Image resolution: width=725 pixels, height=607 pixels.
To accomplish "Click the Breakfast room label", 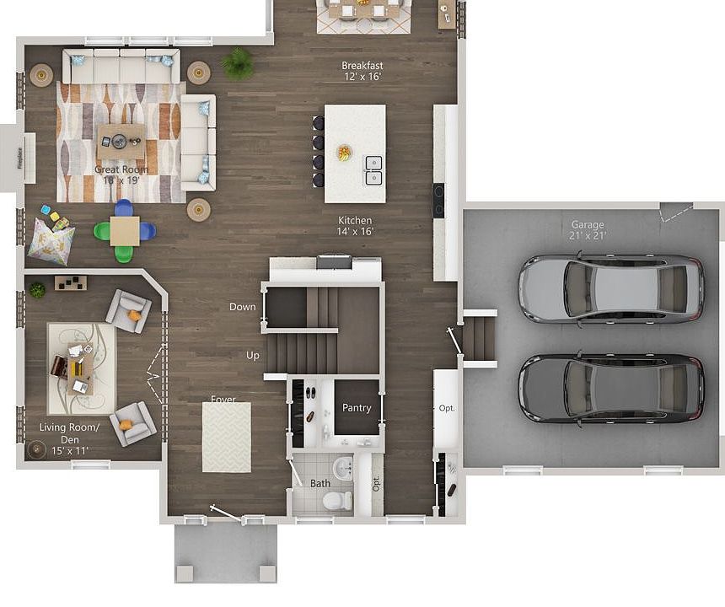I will pyautogui.click(x=362, y=71).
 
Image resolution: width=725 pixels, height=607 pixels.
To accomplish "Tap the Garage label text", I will pyautogui.click(x=588, y=229).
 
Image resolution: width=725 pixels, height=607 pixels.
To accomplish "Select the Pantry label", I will pyautogui.click(x=357, y=408).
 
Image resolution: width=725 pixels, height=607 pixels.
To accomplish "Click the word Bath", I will pyautogui.click(x=320, y=484).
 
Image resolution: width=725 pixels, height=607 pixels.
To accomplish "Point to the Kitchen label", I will pyautogui.click(x=355, y=225).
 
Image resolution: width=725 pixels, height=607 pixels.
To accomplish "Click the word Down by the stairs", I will pyautogui.click(x=242, y=307).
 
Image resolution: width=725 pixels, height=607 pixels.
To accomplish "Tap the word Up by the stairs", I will pyautogui.click(x=253, y=356).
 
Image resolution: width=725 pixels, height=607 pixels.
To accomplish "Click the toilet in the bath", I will pyautogui.click(x=338, y=501).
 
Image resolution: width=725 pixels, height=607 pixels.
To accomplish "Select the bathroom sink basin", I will pyautogui.click(x=343, y=467).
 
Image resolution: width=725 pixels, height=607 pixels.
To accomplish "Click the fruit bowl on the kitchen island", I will pyautogui.click(x=344, y=153).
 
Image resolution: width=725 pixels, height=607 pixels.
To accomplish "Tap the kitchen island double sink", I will pyautogui.click(x=373, y=169).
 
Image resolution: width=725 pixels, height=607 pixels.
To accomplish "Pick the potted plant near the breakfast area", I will pyautogui.click(x=238, y=62).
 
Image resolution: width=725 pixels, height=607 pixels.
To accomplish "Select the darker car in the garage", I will pyautogui.click(x=610, y=389).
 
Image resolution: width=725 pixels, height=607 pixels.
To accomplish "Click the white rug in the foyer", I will pyautogui.click(x=226, y=437).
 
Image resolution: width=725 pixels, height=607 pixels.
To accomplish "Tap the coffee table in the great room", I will pyautogui.click(x=121, y=141).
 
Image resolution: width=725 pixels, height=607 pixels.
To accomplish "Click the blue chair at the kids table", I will pyautogui.click(x=124, y=207).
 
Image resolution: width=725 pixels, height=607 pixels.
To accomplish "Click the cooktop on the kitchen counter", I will pyautogui.click(x=439, y=200).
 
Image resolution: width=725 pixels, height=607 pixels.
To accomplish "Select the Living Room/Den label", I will pyautogui.click(x=69, y=439).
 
